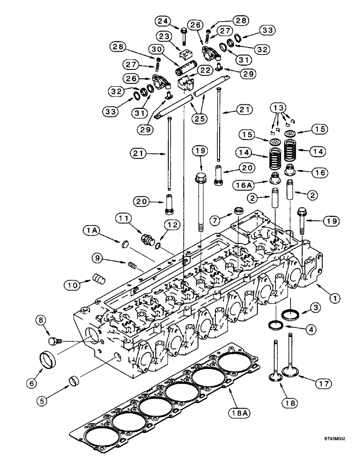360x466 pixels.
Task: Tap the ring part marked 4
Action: click(x=276, y=323)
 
